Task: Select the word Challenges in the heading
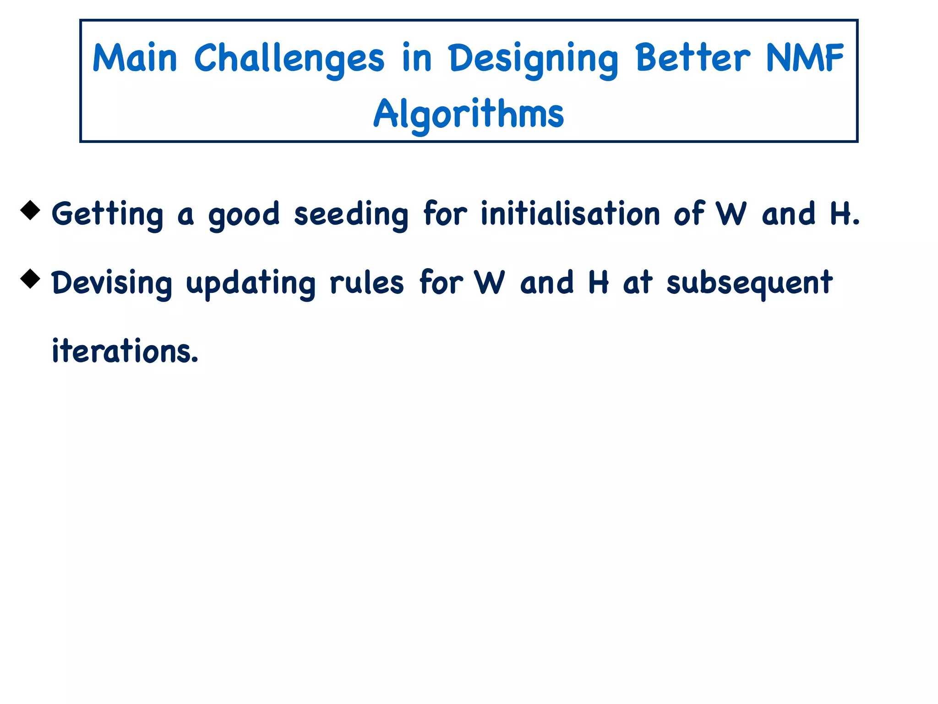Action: click(x=289, y=59)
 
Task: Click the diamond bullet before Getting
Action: click(x=31, y=210)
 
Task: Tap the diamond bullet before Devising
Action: click(x=31, y=279)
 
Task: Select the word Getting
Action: click(x=107, y=214)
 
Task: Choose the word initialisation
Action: click(x=570, y=214)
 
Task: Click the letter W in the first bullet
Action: click(x=731, y=214)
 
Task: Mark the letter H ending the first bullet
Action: click(x=840, y=214)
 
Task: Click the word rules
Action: click(x=367, y=282)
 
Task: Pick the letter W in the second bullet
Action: click(x=489, y=282)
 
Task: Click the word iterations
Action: click(x=125, y=351)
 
